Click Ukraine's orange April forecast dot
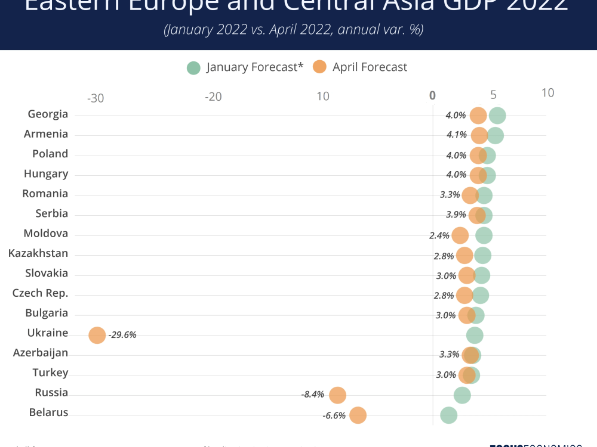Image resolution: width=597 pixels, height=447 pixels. coord(97,335)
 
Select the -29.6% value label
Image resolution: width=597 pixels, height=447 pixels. coord(122,335)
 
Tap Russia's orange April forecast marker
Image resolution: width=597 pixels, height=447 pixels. coord(338,395)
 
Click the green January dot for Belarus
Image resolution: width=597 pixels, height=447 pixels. coord(448,415)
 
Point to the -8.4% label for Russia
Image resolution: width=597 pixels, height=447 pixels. coord(313,395)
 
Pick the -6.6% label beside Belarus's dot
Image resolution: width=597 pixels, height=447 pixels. coord(334,415)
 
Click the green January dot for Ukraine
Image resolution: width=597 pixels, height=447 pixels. coord(475,335)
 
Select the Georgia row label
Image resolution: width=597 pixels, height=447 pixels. coord(48,114)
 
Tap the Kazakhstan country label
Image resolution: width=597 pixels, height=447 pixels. coord(38,253)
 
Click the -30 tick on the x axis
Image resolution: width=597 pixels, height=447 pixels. coord(96,98)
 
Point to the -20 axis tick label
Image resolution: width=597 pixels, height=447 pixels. coord(213,97)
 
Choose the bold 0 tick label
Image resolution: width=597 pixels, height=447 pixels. coord(432,95)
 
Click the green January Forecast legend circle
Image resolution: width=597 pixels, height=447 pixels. coord(193,67)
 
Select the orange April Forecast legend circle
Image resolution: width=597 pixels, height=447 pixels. coord(319,67)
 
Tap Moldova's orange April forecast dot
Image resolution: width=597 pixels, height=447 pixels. coord(460,235)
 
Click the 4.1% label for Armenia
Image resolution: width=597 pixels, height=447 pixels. coord(457,135)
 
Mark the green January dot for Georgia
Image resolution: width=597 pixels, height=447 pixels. coord(497,116)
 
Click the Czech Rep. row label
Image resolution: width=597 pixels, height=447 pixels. coord(41,293)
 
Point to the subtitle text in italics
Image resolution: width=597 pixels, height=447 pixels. coord(294,30)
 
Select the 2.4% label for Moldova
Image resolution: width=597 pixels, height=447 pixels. coord(439,235)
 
